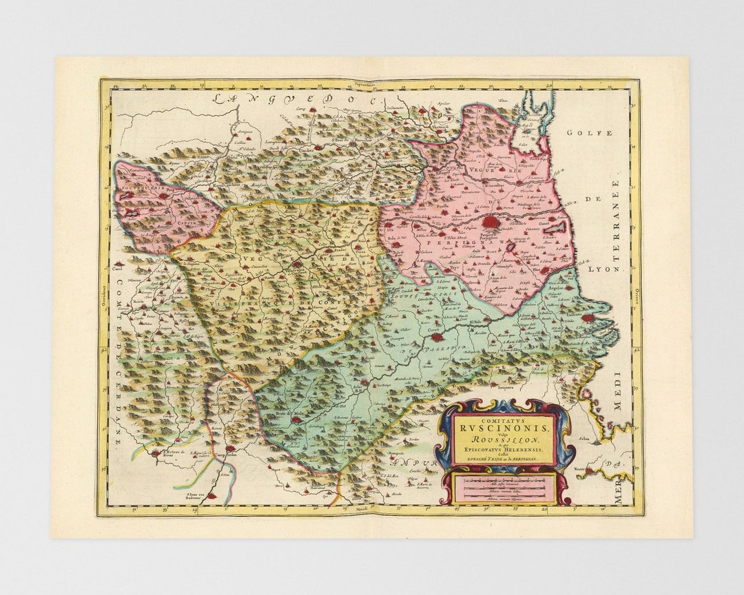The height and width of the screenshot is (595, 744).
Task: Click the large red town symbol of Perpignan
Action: click(490, 222)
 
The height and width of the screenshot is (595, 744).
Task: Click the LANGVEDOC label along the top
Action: click(296, 98)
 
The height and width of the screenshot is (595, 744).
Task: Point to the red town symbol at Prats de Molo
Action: click(296, 419)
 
